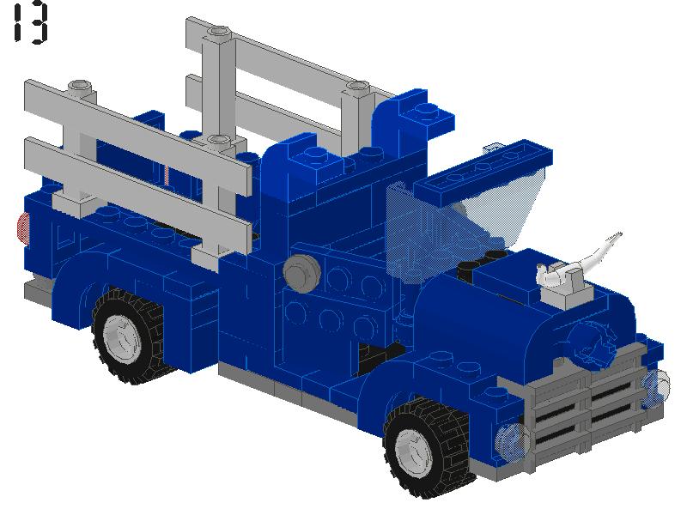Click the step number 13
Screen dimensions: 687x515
coord(30,24)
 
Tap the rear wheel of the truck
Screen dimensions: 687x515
coord(129,336)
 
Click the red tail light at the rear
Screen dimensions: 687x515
coord(23,227)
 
